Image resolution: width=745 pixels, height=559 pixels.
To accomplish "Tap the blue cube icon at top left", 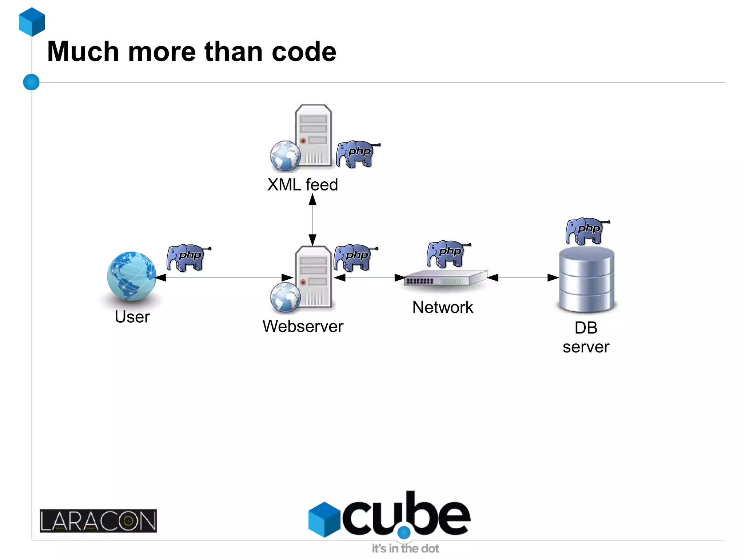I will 32,22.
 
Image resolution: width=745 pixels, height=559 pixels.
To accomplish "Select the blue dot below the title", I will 31,82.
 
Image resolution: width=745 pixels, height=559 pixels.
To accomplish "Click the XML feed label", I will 303,185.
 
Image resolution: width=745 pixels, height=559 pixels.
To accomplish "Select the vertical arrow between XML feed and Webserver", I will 312,220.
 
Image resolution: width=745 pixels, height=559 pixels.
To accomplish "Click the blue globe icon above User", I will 132,276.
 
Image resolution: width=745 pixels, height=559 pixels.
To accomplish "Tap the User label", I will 132,317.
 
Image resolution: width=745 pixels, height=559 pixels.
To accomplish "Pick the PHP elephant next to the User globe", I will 187,257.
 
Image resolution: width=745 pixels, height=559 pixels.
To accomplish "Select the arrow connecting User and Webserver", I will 224,277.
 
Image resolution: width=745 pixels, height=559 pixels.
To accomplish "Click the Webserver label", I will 303,326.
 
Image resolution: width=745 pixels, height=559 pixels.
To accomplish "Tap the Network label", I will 443,307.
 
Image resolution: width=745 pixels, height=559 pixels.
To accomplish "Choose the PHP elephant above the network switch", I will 447,253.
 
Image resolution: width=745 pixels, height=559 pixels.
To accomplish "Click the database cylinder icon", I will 586,280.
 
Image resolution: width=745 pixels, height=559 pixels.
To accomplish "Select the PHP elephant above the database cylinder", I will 586,231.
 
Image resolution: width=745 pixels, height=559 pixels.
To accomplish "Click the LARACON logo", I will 98,521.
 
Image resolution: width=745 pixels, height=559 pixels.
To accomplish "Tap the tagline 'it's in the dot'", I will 405,548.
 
